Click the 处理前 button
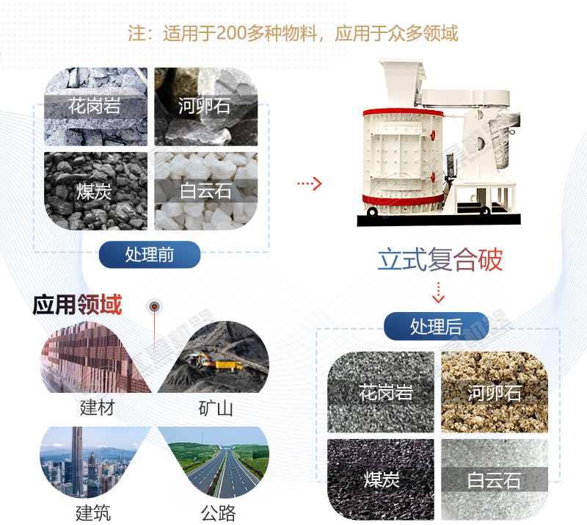pyautogui.click(x=150, y=254)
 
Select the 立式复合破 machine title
pyautogui.click(x=440, y=261)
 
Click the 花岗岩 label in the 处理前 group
pyautogui.click(x=94, y=106)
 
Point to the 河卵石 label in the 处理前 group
pyautogui.click(x=205, y=106)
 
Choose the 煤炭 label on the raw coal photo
pyautogui.click(x=94, y=192)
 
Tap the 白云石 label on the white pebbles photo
pyautogui.click(x=205, y=192)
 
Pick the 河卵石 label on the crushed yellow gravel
pyautogui.click(x=494, y=392)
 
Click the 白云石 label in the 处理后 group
pyautogui.click(x=494, y=481)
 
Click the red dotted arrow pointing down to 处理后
pyautogui.click(x=438, y=292)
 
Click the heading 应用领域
pyautogui.click(x=77, y=305)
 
